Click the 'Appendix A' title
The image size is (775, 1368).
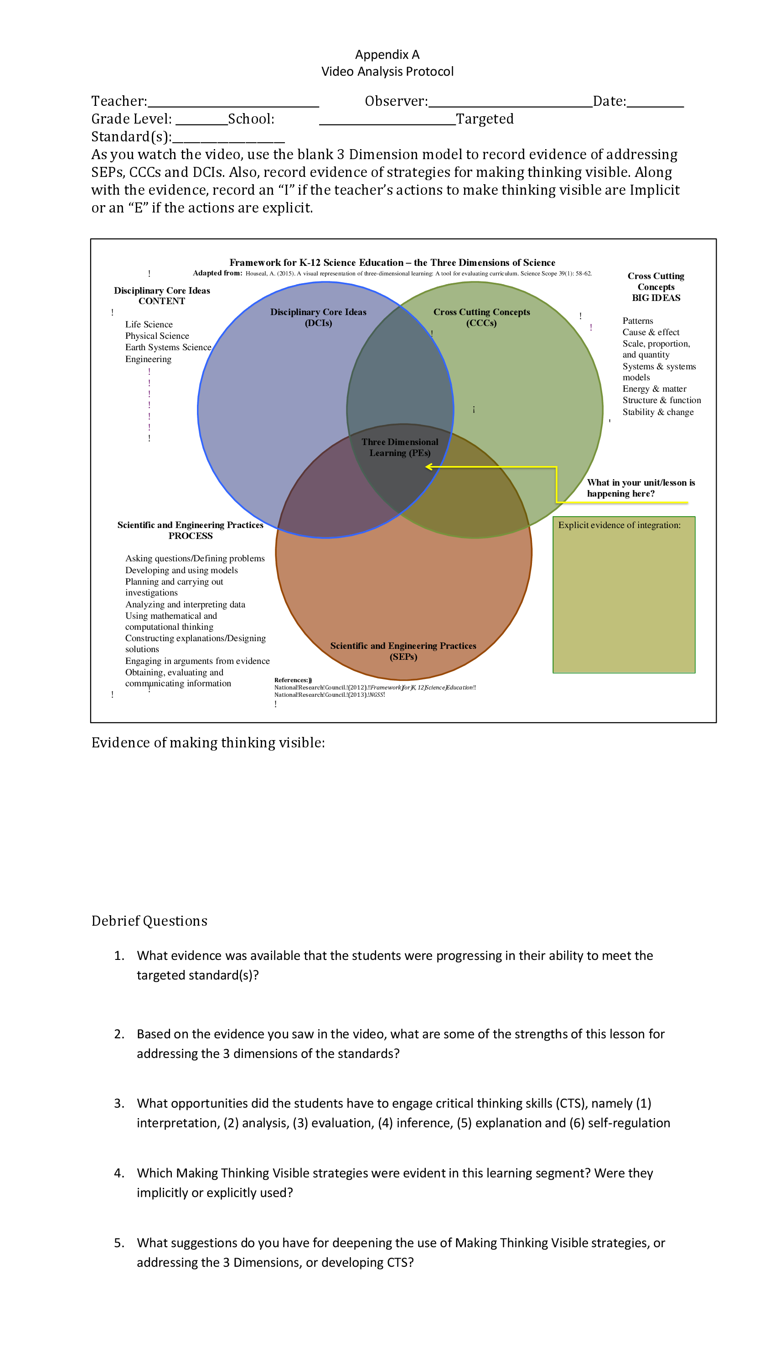[387, 54]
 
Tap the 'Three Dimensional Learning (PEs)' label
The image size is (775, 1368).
[400, 447]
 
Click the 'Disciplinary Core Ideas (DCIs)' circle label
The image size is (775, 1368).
[318, 317]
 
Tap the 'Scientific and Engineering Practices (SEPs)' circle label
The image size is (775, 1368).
[403, 651]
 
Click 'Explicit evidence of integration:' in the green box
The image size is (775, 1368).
[619, 525]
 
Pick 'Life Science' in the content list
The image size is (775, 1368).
[149, 324]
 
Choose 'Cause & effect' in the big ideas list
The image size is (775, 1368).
[651, 332]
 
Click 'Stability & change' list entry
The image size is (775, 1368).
[658, 412]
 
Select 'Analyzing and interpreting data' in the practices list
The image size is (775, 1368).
[185, 604]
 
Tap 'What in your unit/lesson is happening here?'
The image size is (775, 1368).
[641, 487]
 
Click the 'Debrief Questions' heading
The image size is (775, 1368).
[149, 921]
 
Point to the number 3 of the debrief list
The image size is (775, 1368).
[119, 1103]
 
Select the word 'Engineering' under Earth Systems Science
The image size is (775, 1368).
[149, 359]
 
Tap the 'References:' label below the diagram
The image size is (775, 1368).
[292, 680]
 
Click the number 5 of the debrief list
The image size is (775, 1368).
[119, 1243]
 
